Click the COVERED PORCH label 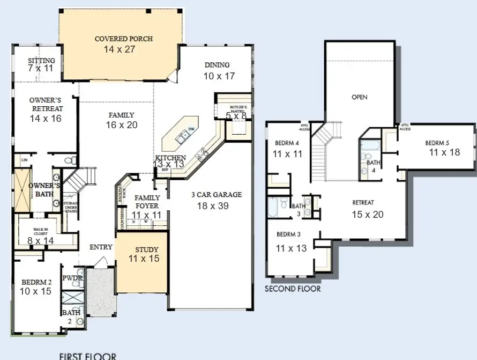pyautogui.click(x=123, y=39)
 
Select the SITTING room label pyautogui.click(x=41, y=61)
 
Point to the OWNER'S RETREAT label pyautogui.click(x=45, y=104)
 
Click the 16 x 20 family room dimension pyautogui.click(x=122, y=124)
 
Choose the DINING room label pyautogui.click(x=217, y=65)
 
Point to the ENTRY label pyautogui.click(x=101, y=247)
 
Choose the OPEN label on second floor pyautogui.click(x=359, y=97)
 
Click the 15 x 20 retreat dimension pyautogui.click(x=368, y=214)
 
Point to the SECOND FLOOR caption pyautogui.click(x=293, y=289)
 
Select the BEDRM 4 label pyautogui.click(x=287, y=143)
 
